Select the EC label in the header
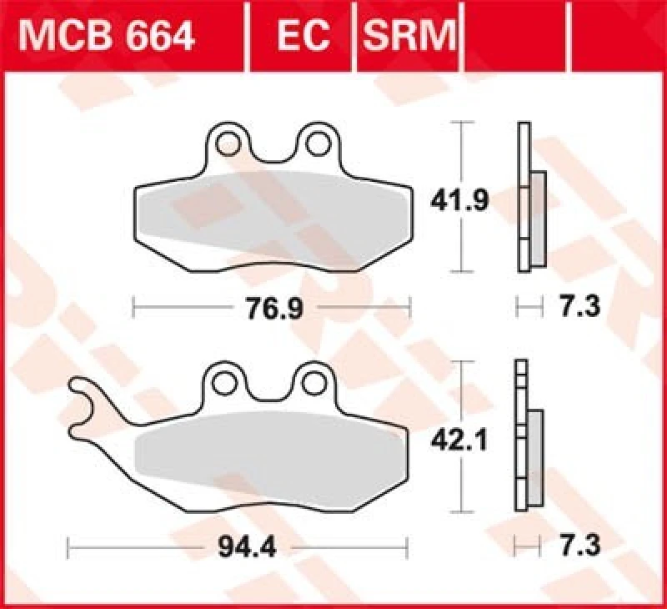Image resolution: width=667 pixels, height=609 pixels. click(303, 35)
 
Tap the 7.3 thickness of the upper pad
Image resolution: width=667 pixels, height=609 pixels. click(580, 307)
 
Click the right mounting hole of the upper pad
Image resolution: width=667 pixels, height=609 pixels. click(317, 143)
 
